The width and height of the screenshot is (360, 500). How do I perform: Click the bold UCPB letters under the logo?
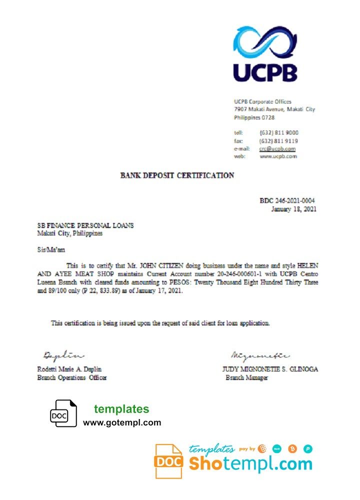265,72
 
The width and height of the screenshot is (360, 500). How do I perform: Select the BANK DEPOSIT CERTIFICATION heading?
177,175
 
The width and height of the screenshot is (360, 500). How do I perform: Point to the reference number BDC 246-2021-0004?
287,200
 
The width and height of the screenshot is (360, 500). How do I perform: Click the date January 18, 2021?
293,209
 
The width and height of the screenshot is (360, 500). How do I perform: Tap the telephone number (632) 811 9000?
279,132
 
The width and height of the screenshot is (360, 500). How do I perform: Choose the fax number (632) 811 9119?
279,140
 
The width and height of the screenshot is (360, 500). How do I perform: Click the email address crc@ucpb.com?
277,148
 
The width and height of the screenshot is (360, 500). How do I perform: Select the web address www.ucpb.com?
278,156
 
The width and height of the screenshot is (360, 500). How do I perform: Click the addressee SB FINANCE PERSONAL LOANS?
85,225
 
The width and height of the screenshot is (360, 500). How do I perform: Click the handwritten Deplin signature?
63,355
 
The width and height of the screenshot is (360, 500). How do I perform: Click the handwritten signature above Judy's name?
259,355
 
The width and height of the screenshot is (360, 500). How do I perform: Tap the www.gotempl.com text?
122,422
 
